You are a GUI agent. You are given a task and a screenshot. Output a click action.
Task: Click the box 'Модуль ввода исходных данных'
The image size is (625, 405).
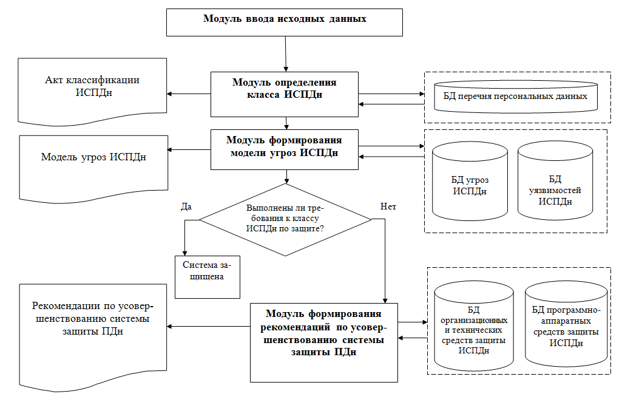click(x=284, y=22)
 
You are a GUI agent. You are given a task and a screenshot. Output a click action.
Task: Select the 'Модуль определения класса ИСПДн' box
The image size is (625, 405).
click(x=284, y=94)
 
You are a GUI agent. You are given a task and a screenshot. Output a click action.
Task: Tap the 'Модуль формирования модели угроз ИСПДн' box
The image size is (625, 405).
click(x=284, y=149)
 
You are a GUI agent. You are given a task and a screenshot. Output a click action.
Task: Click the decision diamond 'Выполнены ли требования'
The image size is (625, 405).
click(x=285, y=219)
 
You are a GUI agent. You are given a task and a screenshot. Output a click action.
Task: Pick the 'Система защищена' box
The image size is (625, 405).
click(x=208, y=277)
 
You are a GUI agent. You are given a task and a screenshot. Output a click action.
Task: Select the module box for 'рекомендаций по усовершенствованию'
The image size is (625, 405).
click(x=323, y=342)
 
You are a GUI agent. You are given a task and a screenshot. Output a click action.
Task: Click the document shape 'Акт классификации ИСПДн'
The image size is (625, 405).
click(x=92, y=92)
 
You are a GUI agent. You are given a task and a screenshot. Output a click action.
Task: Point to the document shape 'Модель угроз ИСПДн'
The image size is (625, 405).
click(x=93, y=168)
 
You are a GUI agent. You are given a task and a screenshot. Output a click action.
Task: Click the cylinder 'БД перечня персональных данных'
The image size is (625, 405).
click(x=515, y=97)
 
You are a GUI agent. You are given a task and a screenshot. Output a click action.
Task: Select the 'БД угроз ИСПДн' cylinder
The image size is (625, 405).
click(x=470, y=181)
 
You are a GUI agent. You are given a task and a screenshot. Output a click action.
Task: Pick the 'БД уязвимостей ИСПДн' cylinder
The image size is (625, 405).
click(x=555, y=180)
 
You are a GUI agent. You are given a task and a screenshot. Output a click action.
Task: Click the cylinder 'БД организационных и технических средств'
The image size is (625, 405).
click(x=473, y=326)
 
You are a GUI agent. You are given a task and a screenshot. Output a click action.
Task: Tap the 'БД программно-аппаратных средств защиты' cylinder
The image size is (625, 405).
click(x=566, y=324)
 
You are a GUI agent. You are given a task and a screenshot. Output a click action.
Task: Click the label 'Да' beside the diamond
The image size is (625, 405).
click(x=186, y=206)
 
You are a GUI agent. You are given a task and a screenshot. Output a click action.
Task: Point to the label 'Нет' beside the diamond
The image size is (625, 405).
click(x=388, y=206)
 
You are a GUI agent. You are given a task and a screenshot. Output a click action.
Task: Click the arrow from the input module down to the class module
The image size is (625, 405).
click(x=285, y=54)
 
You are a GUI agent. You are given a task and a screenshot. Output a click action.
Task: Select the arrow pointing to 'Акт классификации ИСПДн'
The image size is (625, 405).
click(x=189, y=94)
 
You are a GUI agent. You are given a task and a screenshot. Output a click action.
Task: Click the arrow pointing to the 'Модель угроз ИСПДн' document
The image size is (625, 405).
click(x=189, y=149)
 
